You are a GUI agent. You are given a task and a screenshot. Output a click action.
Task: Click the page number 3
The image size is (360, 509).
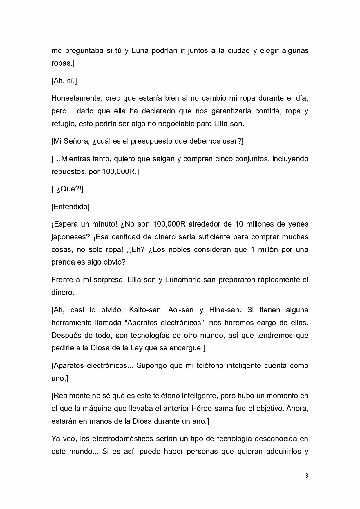pyautogui.click(x=307, y=476)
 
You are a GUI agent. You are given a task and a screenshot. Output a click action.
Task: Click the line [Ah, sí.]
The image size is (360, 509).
pyautogui.click(x=64, y=81)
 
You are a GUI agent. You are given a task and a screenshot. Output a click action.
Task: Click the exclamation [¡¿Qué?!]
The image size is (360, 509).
pyautogui.click(x=67, y=189)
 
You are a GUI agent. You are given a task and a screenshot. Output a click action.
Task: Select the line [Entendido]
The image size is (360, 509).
pyautogui.click(x=70, y=207)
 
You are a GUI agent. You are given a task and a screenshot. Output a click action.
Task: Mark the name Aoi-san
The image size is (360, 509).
pyautogui.click(x=181, y=310)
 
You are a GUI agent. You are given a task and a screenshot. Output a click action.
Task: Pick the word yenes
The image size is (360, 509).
pyautogui.click(x=298, y=224)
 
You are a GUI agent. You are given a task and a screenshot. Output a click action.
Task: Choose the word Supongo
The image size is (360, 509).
pyautogui.click(x=152, y=365)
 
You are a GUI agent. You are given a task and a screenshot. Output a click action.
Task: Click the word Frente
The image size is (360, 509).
pyautogui.click(x=62, y=280)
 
